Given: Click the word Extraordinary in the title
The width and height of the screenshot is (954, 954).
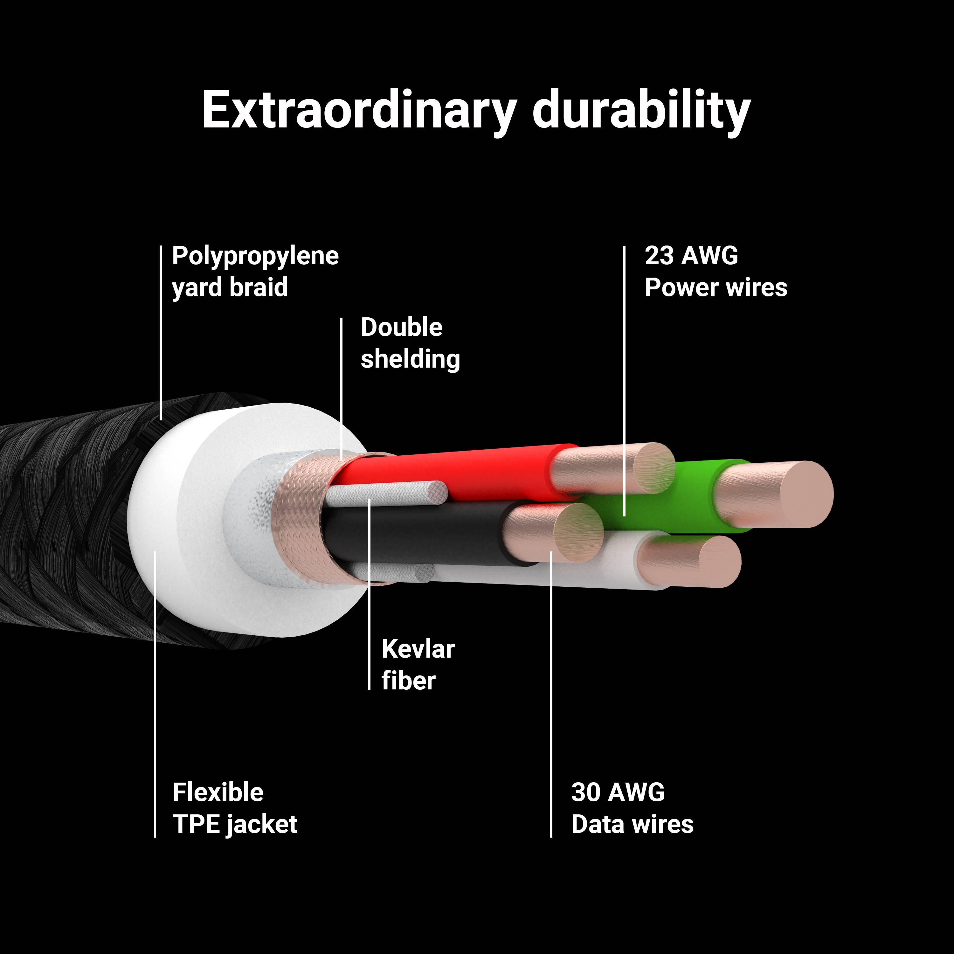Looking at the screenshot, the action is pyautogui.click(x=359, y=111).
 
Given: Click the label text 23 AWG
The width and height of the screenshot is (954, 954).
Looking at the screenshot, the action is pyautogui.click(x=691, y=256).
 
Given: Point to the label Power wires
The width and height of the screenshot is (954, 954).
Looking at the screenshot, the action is pyautogui.click(x=716, y=287).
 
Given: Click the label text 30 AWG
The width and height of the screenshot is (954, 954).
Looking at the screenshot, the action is pyautogui.click(x=618, y=792).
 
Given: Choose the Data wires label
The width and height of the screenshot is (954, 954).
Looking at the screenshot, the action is pyautogui.click(x=633, y=824).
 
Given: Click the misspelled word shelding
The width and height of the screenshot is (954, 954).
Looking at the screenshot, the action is pyautogui.click(x=410, y=359).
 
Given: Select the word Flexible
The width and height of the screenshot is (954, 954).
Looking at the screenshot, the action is pyautogui.click(x=218, y=792).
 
